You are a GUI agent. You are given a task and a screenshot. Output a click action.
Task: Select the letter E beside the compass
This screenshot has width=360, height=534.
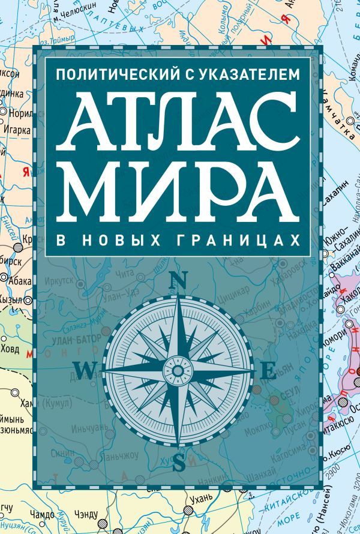click(269, 371)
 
